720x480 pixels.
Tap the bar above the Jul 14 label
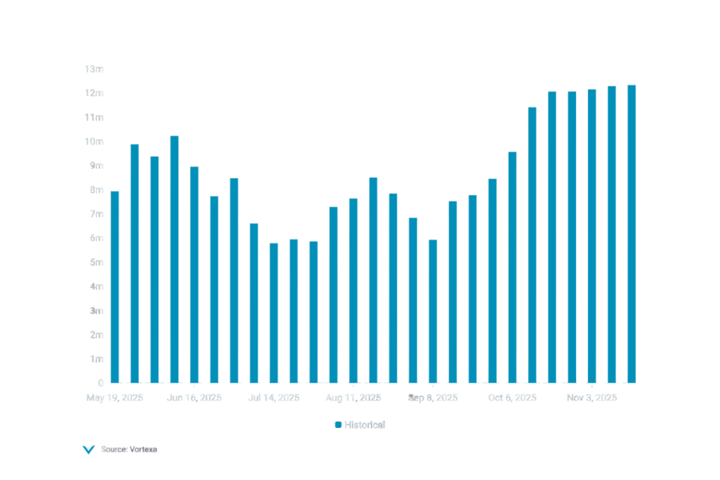click(x=274, y=312)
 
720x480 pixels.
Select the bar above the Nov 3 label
click(x=592, y=235)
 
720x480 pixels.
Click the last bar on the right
click(x=631, y=233)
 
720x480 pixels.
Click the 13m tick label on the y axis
click(x=94, y=69)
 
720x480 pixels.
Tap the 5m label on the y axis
click(x=96, y=262)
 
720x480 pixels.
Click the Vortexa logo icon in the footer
click(x=88, y=450)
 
